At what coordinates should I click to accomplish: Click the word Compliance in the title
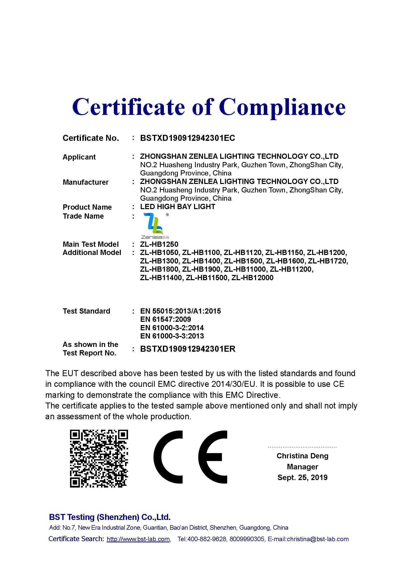point(282,107)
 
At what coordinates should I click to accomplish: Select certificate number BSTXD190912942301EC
point(188,138)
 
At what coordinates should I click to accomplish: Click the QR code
point(99,459)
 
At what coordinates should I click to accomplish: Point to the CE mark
point(190,457)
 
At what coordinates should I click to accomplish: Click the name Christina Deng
point(302,456)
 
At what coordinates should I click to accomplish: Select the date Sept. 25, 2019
point(302,477)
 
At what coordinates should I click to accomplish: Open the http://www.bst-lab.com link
point(138,539)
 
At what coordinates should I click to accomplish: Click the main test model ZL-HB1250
point(159,244)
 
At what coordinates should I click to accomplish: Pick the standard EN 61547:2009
point(165,319)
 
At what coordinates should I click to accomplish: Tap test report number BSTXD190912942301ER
point(188,349)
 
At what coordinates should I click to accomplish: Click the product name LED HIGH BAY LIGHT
point(178,207)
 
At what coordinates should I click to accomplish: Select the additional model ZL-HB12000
point(252,278)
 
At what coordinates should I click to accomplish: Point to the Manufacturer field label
point(85,182)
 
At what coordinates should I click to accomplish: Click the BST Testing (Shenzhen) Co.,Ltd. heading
point(110,517)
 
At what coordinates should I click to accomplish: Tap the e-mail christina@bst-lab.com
point(318,539)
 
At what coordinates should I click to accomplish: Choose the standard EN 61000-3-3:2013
point(172,336)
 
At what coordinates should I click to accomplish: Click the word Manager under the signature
point(302,467)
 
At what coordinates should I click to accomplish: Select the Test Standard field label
point(86,311)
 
